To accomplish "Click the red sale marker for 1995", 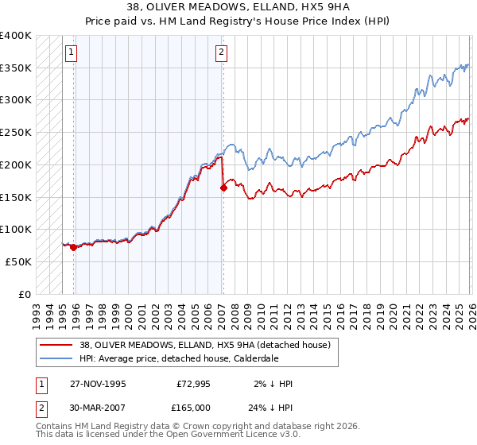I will click(74, 247).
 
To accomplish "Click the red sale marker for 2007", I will click(223, 188).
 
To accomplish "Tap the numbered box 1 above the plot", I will click(72, 53).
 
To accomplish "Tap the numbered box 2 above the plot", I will click(220, 53).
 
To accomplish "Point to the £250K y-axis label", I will click(16, 133).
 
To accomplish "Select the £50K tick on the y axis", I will click(18, 261).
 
